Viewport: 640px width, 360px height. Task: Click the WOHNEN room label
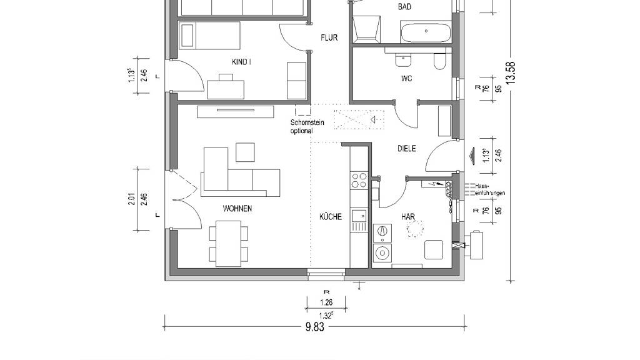click(237, 209)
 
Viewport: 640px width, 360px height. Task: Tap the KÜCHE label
click(331, 217)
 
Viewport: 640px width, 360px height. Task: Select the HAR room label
click(408, 217)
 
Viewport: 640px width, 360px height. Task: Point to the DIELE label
click(406, 149)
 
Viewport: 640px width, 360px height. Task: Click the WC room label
click(406, 79)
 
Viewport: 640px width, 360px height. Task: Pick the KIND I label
click(241, 62)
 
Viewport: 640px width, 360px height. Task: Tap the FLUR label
click(329, 38)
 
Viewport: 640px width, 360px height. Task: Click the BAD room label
click(404, 6)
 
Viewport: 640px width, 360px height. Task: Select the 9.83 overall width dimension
click(315, 327)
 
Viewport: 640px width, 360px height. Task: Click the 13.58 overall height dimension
click(511, 72)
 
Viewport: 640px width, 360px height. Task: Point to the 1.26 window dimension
click(326, 302)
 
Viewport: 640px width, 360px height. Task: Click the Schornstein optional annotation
click(307, 126)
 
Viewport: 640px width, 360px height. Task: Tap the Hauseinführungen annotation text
click(490, 189)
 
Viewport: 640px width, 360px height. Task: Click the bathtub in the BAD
click(426, 32)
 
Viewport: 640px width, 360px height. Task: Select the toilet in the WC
click(439, 61)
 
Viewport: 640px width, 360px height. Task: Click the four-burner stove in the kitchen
click(359, 181)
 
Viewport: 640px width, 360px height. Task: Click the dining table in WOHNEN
click(228, 243)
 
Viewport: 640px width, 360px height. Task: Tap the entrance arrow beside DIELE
click(473, 156)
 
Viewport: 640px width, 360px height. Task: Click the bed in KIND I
click(210, 35)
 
